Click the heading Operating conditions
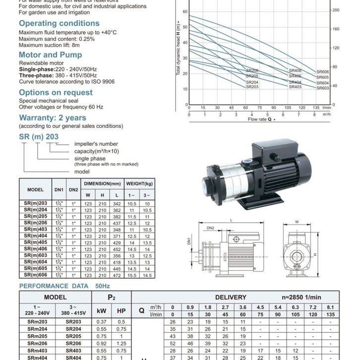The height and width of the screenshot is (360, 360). click(x=59, y=23)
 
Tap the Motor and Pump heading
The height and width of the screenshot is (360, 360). click(x=50, y=55)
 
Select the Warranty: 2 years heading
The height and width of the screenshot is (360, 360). click(x=52, y=118)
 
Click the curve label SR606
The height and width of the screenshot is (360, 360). click(x=323, y=72)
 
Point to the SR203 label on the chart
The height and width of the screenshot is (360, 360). click(x=252, y=87)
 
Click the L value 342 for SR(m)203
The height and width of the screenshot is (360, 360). click(x=117, y=204)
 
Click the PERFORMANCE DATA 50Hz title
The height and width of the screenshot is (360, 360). click(x=64, y=286)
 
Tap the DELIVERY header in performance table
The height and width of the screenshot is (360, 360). click(x=231, y=298)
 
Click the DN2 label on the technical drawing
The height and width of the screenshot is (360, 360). click(x=210, y=228)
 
